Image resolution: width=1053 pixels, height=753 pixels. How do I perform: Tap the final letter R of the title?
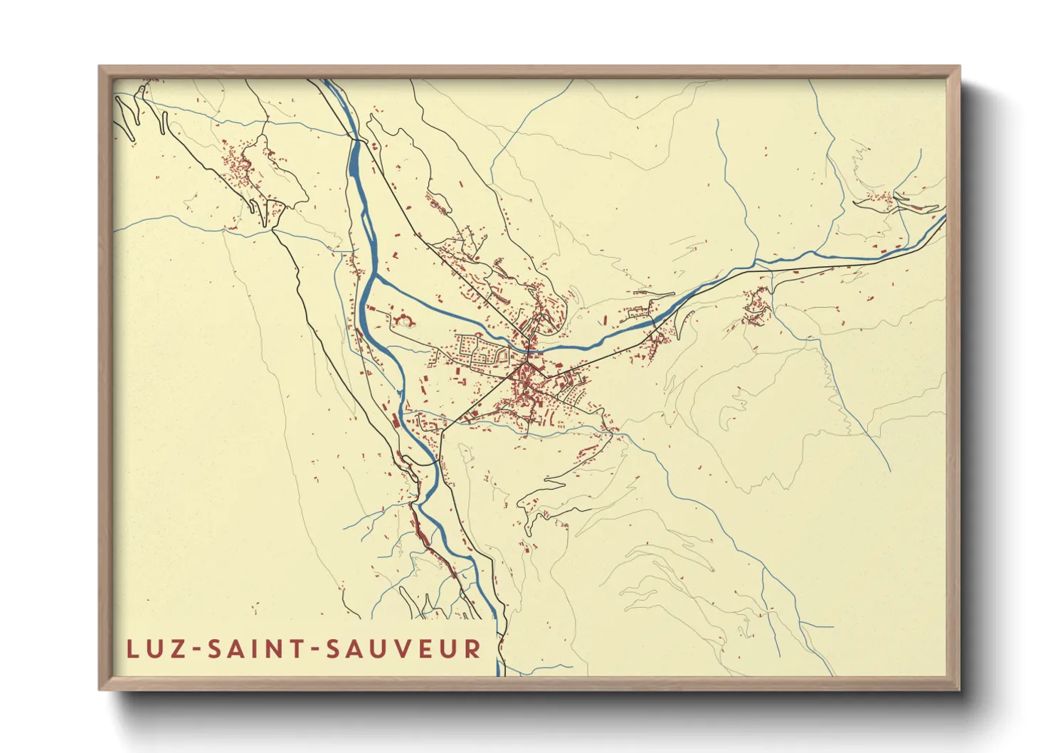click(472, 648)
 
